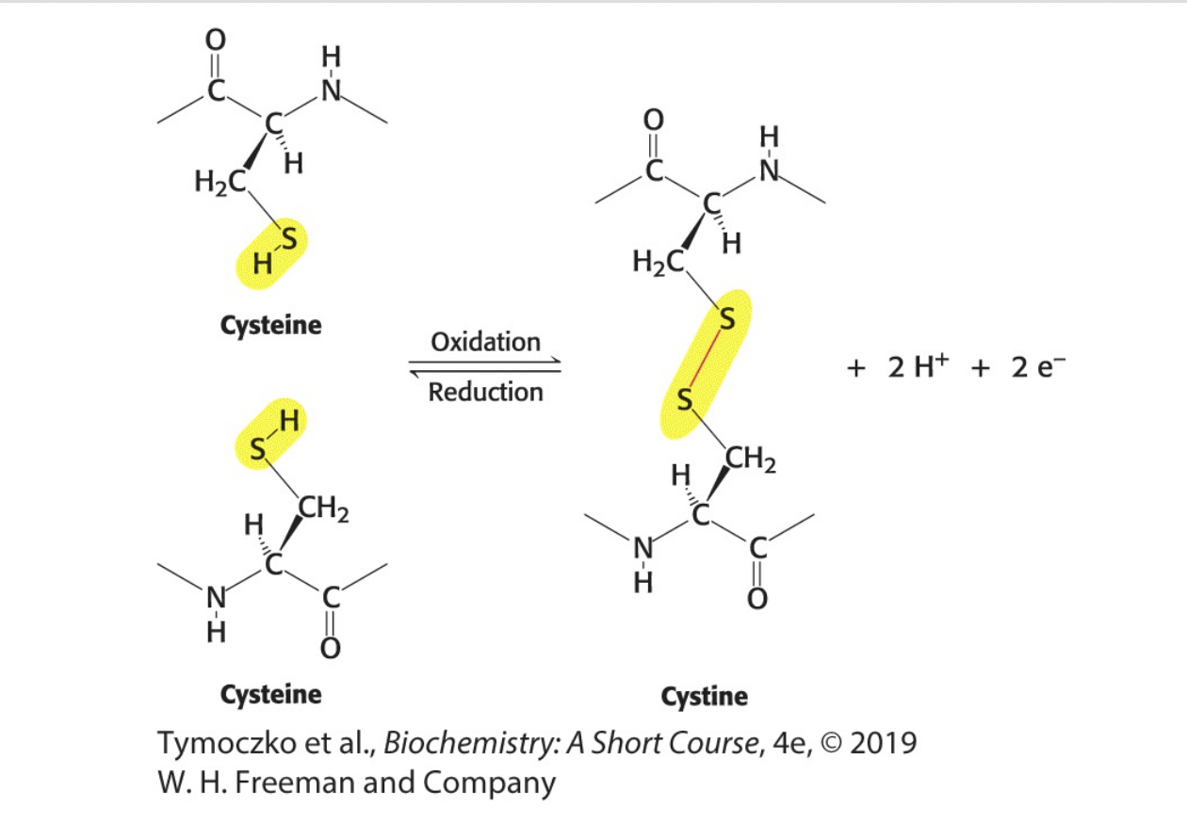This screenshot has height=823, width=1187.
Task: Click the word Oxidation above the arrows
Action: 485,341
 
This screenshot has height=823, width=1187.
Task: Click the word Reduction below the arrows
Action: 485,392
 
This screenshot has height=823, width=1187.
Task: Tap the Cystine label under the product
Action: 704,697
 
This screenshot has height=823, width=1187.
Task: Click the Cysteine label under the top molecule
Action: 270,326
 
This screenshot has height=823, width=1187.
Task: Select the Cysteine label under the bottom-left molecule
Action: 270,695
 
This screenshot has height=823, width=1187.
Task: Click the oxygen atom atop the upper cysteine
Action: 216,40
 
